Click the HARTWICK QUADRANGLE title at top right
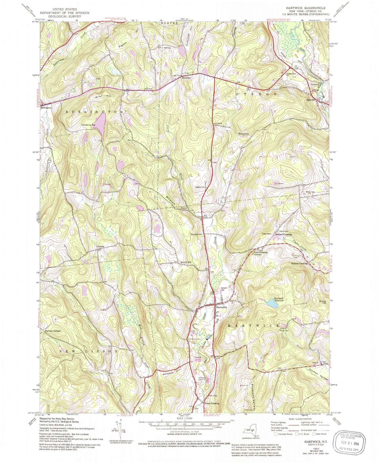(x=306, y=8)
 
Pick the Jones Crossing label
(x=212, y=403)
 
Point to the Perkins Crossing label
(x=299, y=263)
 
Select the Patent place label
(x=101, y=247)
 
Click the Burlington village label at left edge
(x=46, y=108)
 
